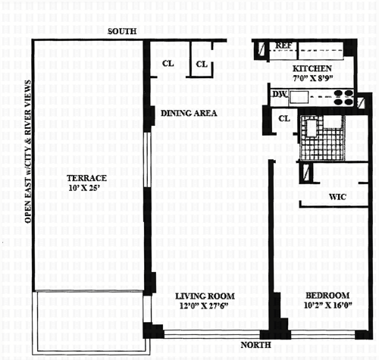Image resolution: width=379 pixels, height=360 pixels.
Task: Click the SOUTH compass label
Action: (x=122, y=31)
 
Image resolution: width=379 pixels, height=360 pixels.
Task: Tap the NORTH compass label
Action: (x=255, y=345)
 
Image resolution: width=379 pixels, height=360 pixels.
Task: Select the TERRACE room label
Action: (x=86, y=178)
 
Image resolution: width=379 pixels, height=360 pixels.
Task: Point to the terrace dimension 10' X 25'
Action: (x=83, y=188)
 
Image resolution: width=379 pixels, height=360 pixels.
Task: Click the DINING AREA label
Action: (x=189, y=113)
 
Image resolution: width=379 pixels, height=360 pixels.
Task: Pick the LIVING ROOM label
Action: (x=205, y=296)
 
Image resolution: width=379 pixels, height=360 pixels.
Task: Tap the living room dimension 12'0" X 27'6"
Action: (x=204, y=306)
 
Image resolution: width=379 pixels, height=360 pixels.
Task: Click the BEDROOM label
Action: (x=327, y=296)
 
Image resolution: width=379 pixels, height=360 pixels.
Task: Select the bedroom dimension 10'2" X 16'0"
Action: (x=328, y=305)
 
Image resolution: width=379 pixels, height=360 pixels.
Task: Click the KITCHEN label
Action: (x=312, y=68)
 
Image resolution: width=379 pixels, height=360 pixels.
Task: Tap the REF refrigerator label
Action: (x=283, y=45)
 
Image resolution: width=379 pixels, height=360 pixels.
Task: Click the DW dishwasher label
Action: (x=280, y=94)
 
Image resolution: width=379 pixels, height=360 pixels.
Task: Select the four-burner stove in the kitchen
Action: (x=343, y=97)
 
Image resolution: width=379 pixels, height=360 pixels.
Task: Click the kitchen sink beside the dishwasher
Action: (x=299, y=97)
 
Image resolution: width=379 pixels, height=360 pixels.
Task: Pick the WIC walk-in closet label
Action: (x=337, y=197)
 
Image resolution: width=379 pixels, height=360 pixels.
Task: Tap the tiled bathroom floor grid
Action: (x=321, y=138)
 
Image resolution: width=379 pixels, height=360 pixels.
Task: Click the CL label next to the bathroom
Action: (x=284, y=118)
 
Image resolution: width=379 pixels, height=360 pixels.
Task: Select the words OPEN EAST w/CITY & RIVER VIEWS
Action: (x=29, y=152)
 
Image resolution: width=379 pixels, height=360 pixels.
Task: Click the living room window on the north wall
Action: (x=211, y=334)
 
